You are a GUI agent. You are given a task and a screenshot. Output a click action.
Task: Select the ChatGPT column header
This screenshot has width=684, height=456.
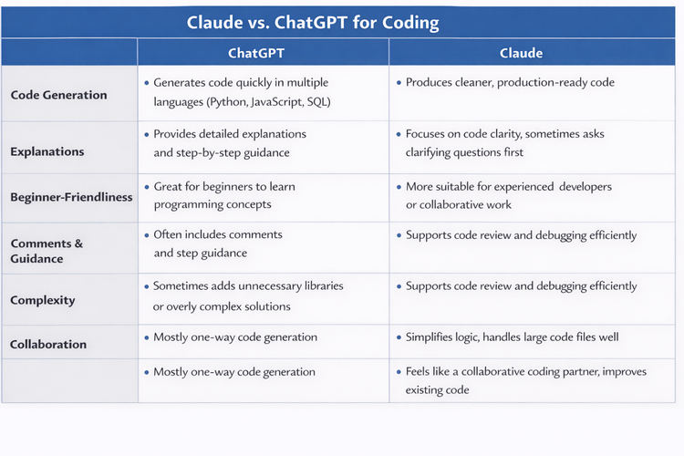(263, 53)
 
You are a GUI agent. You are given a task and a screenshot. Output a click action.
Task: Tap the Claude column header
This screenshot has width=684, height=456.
(521, 53)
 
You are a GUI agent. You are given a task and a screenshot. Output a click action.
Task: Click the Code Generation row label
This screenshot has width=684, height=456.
(58, 95)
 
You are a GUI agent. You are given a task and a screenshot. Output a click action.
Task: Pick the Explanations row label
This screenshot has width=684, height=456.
(47, 151)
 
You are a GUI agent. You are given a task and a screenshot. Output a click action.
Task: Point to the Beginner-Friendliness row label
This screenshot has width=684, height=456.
(71, 197)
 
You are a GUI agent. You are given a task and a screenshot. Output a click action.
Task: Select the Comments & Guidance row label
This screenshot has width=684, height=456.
(47, 251)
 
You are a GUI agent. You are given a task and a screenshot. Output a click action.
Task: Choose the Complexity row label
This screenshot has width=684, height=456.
(43, 300)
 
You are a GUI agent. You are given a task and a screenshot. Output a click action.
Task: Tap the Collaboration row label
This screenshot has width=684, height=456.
(48, 345)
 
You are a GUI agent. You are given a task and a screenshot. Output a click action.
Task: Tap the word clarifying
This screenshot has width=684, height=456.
(435, 152)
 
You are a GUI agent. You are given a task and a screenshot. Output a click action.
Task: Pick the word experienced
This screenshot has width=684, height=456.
(522, 186)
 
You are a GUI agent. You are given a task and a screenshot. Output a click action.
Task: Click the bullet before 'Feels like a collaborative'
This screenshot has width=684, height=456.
(399, 372)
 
